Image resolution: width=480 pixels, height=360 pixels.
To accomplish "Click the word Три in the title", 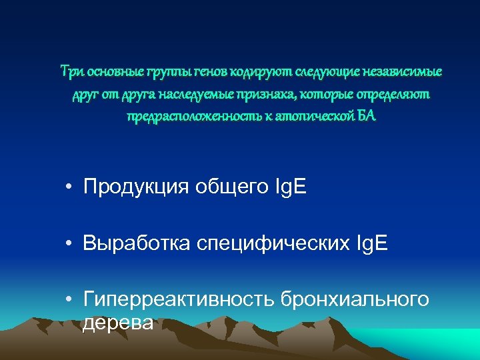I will point(70,71).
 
